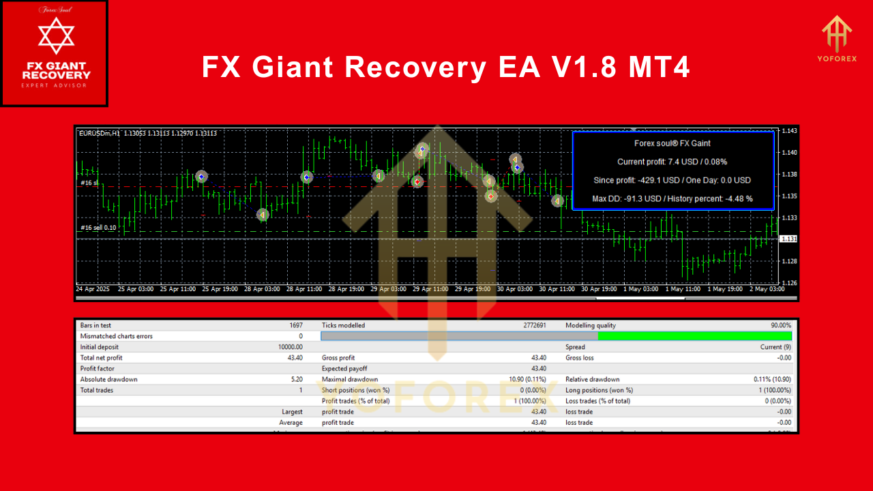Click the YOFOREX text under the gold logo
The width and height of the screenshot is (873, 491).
pos(836,58)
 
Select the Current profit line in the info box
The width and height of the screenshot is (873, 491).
pos(672,162)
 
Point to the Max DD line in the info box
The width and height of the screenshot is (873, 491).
pos(672,198)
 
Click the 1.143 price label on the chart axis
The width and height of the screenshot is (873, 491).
pos(789,131)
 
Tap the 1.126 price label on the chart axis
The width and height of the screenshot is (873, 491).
pos(789,282)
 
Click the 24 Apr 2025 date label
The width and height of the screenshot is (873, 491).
pos(93,289)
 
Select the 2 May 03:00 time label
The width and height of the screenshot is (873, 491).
pos(766,289)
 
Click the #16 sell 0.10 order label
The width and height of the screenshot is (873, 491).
pos(98,228)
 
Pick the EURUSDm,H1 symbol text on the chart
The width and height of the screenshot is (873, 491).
pos(100,134)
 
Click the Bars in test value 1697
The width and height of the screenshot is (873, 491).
pos(295,325)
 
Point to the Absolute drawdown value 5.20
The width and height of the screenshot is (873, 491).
pos(297,379)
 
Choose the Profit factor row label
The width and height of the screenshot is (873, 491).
pos(98,368)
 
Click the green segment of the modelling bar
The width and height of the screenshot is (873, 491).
pos(694,336)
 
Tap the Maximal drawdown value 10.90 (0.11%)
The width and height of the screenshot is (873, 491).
pos(527,379)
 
